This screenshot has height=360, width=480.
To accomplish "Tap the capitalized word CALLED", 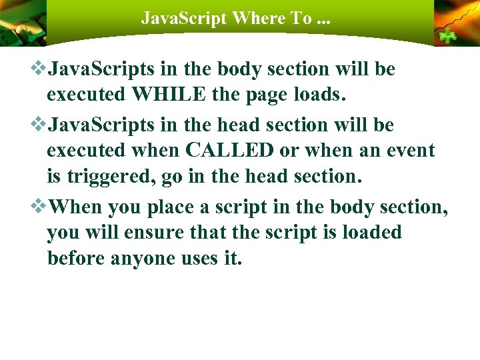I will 229,150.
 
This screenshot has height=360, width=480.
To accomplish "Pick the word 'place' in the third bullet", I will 171,207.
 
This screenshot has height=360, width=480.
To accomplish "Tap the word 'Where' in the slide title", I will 258,18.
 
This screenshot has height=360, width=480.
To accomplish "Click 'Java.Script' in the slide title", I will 183,18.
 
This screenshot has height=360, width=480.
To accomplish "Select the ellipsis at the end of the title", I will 325,20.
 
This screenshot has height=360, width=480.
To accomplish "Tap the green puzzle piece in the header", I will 445,37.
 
